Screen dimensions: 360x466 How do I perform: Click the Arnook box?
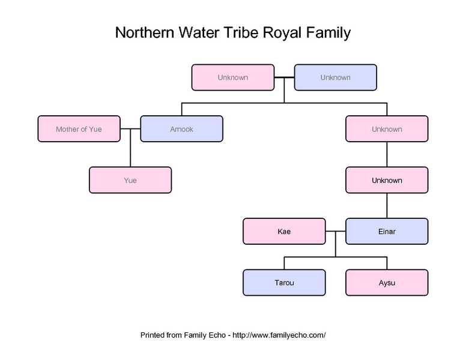[181, 129]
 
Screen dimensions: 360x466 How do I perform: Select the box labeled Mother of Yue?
[79, 129]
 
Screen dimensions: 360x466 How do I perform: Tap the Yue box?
[130, 180]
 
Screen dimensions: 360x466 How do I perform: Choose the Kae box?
[284, 232]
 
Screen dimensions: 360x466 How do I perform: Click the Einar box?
[387, 232]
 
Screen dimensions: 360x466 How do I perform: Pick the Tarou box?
[284, 283]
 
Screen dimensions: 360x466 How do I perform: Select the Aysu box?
[387, 283]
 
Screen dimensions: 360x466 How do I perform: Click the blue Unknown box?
[335, 77]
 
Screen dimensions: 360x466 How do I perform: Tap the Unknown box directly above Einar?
[387, 180]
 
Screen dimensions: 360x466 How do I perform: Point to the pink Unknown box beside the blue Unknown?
[232, 77]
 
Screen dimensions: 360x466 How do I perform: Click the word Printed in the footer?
[154, 335]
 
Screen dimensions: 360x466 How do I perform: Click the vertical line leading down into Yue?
[130, 153]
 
